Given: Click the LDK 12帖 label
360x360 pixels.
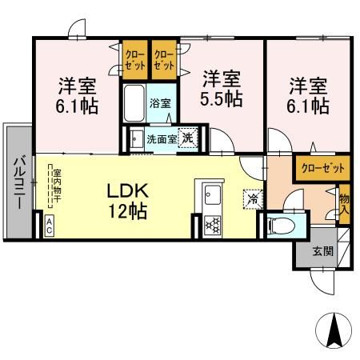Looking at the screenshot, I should pyautogui.click(x=126, y=202).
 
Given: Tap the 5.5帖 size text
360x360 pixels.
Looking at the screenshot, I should pyautogui.click(x=221, y=99).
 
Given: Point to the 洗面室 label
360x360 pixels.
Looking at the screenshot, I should pyautogui.click(x=161, y=138).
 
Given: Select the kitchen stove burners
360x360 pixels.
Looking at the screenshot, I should pyautogui.click(x=212, y=222).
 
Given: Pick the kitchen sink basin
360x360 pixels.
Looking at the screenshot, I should pyautogui.click(x=212, y=194).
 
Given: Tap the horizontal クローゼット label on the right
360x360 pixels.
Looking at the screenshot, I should pyautogui.click(x=322, y=168).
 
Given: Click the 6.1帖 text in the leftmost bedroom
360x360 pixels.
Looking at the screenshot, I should pyautogui.click(x=78, y=105).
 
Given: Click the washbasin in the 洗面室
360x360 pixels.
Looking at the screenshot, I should pyautogui.click(x=135, y=138).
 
